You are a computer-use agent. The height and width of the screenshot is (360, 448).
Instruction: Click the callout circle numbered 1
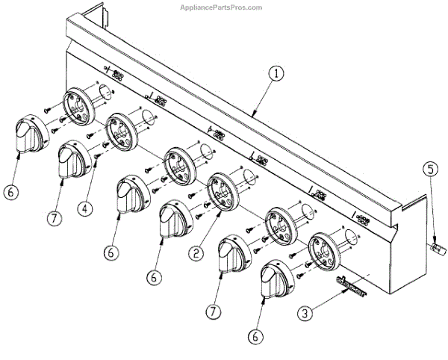coord(276,73)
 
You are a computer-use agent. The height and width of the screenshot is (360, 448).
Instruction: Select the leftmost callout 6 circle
coord(10,191)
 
